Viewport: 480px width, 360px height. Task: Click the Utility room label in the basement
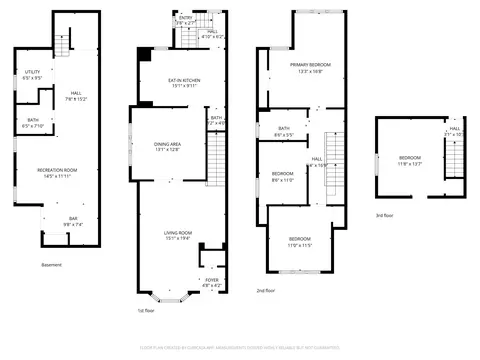click(x=32, y=74)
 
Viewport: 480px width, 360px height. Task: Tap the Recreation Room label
click(x=58, y=172)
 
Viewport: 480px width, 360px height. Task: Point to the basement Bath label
click(x=33, y=124)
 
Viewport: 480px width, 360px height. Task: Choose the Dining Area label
click(x=166, y=147)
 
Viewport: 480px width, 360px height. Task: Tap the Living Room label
click(x=178, y=236)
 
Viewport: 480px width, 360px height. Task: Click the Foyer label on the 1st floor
click(x=211, y=282)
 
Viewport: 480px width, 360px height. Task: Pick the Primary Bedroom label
click(x=311, y=67)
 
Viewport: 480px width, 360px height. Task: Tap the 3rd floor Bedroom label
click(x=410, y=161)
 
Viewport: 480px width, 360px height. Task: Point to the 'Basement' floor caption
click(x=51, y=264)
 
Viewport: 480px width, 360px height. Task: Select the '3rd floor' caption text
click(x=384, y=215)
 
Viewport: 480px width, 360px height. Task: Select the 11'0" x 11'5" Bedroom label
click(x=300, y=241)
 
